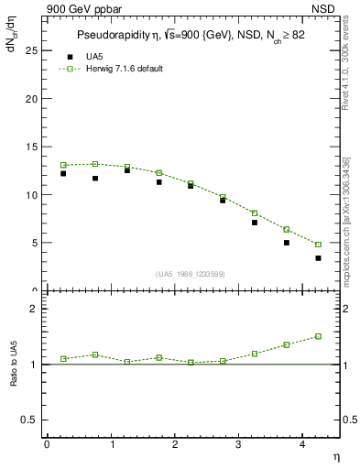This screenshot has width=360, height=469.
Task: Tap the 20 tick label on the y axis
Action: [30, 99]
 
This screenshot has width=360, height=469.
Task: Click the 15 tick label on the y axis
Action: [30, 147]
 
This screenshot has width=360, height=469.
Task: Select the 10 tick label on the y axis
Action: [30, 195]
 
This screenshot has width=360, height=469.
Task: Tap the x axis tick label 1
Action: [112, 443]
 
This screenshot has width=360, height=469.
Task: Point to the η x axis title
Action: [334, 455]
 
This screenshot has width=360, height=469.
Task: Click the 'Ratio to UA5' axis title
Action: [14, 377]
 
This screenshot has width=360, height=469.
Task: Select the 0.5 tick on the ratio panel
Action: [29, 420]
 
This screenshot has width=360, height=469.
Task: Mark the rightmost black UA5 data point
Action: [318, 258]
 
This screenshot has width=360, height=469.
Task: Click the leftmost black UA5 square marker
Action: [63, 173]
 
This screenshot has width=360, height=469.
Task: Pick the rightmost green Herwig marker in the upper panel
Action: [318, 245]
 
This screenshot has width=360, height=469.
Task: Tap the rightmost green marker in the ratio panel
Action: [318, 336]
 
